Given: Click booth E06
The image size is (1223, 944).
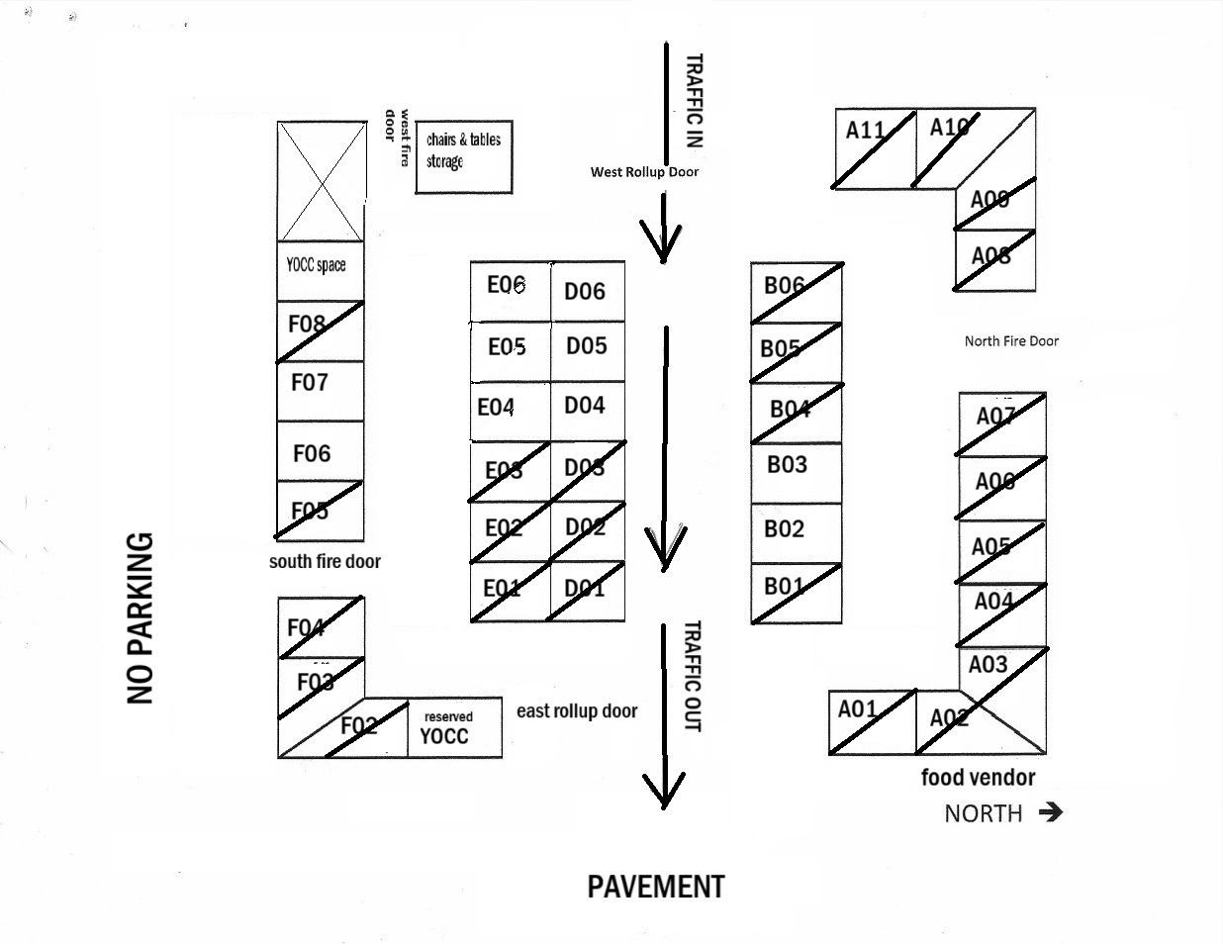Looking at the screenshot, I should [510, 291].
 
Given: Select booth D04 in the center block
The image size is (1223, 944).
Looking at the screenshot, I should [588, 411].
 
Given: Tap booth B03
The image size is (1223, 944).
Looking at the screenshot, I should [796, 472].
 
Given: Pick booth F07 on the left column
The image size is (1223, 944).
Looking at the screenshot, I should [320, 391].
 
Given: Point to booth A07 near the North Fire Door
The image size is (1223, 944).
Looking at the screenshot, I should [1001, 424].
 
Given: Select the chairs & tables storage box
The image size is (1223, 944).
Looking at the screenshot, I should [463, 156].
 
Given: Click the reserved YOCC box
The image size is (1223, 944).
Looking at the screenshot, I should [454, 727].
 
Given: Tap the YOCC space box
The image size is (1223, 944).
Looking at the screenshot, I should [320, 269].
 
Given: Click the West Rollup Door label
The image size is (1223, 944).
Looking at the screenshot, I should [644, 172].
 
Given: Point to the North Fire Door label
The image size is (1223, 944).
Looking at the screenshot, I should [1011, 341].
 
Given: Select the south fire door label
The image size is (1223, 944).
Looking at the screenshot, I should [325, 561].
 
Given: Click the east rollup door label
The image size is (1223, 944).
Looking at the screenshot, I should [577, 710].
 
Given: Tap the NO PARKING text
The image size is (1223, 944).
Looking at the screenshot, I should [141, 618].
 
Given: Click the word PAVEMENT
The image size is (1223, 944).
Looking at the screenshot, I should [656, 887].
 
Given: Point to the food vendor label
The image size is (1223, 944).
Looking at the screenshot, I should [978, 778].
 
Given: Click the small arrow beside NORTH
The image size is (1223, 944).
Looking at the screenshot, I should [1051, 812].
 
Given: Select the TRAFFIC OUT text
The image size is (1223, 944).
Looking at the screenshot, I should [693, 677].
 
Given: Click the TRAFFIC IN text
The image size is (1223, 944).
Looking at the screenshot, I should [694, 101].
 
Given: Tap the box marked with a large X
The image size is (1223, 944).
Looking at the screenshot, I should [321, 181].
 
